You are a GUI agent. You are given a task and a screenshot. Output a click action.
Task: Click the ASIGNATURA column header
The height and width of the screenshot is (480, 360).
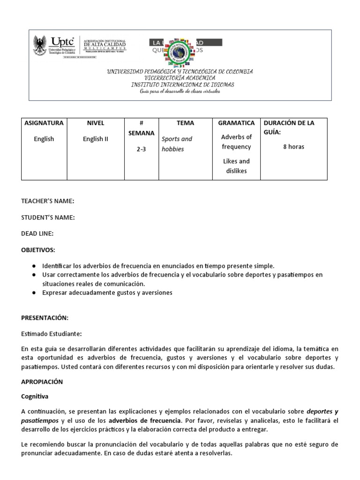(x=44, y=123)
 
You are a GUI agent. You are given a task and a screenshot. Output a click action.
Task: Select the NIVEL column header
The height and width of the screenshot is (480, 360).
(x=96, y=123)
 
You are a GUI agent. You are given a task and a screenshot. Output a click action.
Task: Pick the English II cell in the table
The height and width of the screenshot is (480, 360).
(x=96, y=139)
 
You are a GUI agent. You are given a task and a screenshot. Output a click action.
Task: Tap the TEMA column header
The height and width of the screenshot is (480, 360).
(x=185, y=123)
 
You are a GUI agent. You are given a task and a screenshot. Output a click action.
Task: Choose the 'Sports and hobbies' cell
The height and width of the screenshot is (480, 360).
(x=177, y=144)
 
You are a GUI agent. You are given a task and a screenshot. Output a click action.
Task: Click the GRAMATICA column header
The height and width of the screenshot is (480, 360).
(x=236, y=123)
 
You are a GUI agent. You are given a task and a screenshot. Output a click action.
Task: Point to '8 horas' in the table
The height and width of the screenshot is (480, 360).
(x=293, y=147)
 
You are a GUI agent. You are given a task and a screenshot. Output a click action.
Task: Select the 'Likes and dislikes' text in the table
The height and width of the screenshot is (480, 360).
(x=236, y=166)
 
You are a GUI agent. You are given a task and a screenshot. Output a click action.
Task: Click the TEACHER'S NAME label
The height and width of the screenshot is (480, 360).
(x=48, y=201)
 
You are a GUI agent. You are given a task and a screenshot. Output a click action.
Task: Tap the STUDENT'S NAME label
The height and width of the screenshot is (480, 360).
(x=48, y=217)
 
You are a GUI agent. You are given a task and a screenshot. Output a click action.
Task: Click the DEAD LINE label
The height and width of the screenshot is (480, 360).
(x=37, y=233)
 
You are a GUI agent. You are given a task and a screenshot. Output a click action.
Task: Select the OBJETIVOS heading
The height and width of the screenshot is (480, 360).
(x=38, y=249)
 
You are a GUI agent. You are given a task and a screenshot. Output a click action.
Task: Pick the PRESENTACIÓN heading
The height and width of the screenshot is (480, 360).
(x=45, y=318)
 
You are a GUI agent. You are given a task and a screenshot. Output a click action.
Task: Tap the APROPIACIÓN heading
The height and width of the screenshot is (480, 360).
(x=42, y=382)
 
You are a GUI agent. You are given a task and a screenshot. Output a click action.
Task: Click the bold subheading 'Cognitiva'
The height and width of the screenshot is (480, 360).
(x=35, y=396)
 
